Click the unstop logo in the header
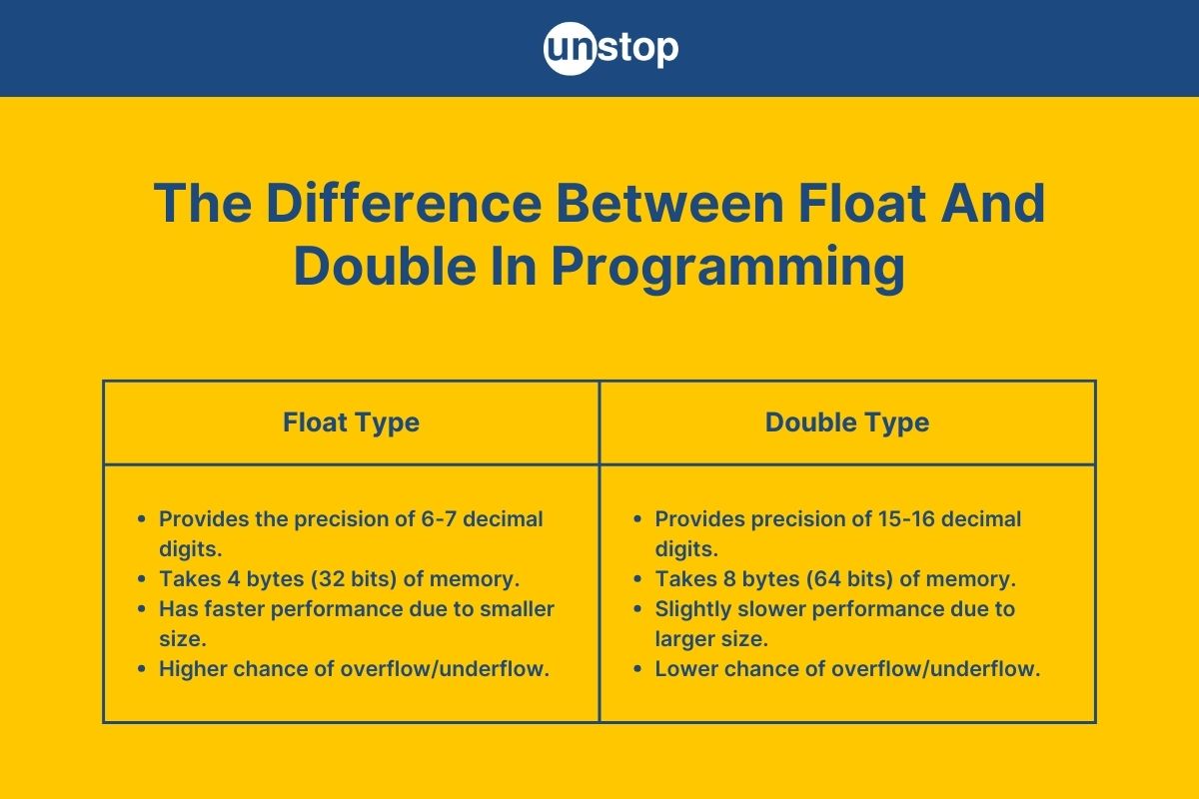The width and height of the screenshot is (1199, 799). pos(610,48)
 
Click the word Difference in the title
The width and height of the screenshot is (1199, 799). pos(404,203)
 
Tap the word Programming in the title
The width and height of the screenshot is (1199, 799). pos(728,268)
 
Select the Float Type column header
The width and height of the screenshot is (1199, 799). pos(351,422)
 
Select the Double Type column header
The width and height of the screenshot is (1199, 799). pos(847,422)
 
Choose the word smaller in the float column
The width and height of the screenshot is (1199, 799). pos(518,609)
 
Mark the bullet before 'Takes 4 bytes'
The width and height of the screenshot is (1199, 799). pos(141,579)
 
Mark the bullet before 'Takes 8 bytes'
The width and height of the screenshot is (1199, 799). pos(637,579)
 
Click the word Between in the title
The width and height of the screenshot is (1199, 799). pos(670,203)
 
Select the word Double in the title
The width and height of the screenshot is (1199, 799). pos(386,267)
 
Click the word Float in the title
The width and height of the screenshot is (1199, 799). pos(861,203)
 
